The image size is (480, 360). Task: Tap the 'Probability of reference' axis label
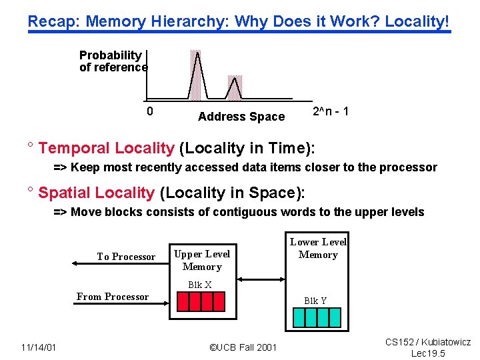pos(113,61)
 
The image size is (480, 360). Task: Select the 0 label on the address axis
pos(150,111)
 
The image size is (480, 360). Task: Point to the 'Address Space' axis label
pos(241,117)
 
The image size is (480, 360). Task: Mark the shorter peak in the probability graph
pos(233,87)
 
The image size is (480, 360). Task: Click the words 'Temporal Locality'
pos(106,148)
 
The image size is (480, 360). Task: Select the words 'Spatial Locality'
pos(96,193)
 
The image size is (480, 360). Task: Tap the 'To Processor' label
pos(126,257)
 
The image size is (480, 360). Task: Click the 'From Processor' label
pos(113,297)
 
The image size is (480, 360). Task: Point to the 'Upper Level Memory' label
pos(202,260)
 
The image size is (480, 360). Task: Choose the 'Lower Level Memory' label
pos(318,248)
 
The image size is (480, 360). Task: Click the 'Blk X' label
pos(199,285)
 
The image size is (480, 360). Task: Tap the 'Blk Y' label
pos(315,301)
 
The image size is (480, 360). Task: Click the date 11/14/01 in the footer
pos(38,347)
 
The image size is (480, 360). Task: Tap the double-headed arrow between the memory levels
pos(261,279)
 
